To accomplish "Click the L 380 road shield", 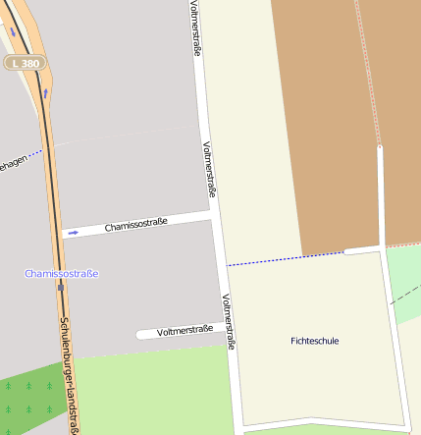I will click(26, 63).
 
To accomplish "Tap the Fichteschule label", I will click(315, 341).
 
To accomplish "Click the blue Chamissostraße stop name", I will click(62, 273).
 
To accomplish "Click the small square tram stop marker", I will click(61, 288).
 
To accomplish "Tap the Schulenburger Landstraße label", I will click(69, 373).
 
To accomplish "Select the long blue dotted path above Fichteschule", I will click(285, 258).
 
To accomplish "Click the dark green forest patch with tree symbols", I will click(29, 393).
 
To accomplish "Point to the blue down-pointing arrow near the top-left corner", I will click(14, 30).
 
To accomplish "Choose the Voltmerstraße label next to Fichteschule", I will click(229, 322).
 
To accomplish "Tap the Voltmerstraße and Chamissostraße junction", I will click(213, 211).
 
